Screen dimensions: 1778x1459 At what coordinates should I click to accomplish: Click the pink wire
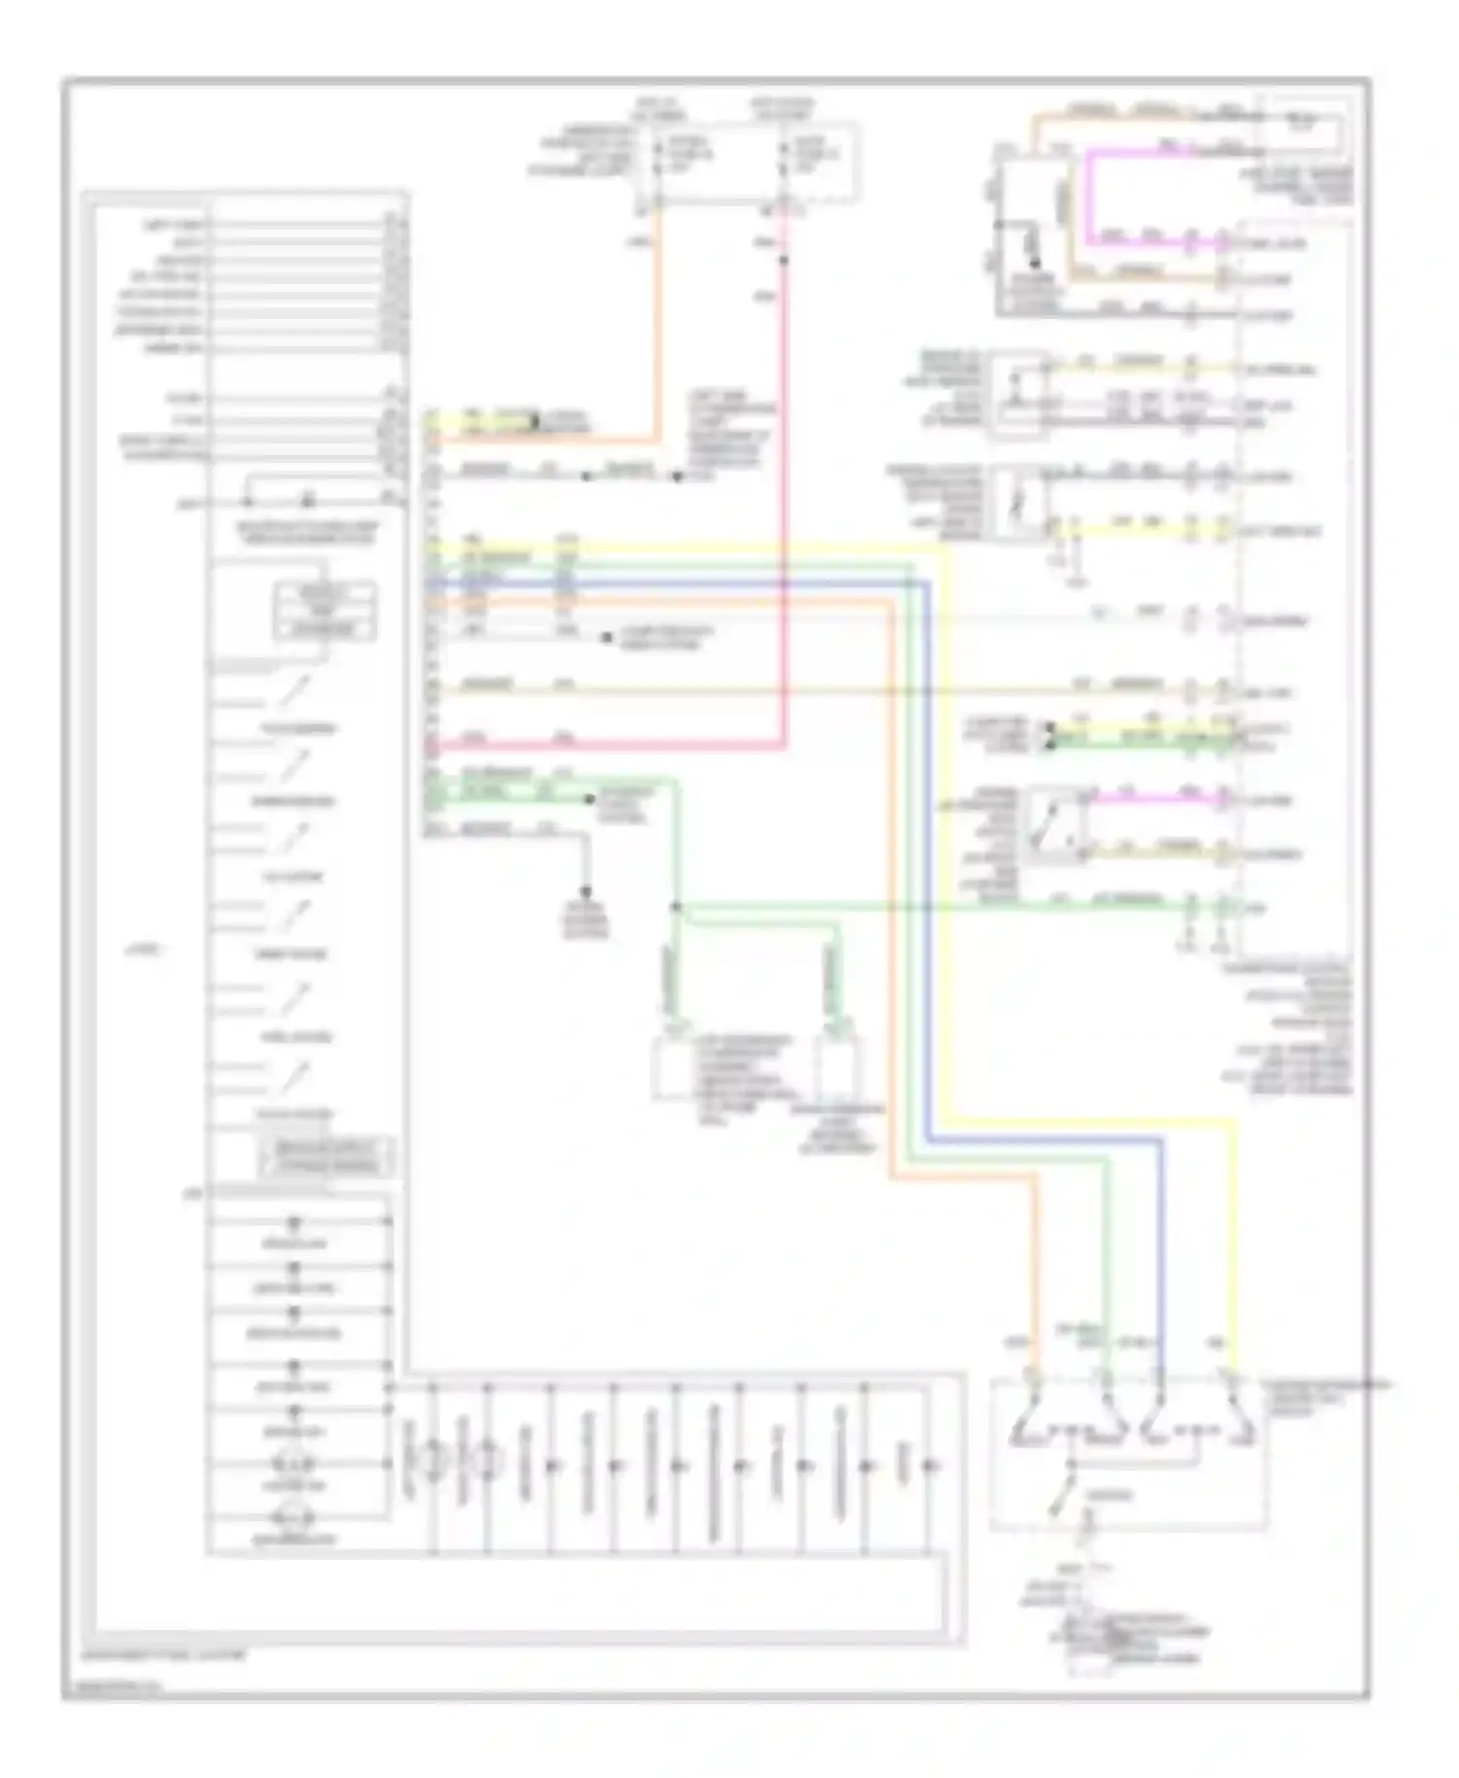(784, 486)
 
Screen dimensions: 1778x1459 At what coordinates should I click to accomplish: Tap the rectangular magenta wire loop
(1090, 195)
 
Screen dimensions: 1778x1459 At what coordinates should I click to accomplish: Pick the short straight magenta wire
(1148, 800)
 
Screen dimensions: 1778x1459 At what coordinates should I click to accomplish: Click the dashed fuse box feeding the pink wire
(815, 161)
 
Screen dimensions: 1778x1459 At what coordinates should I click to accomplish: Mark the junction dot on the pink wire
(784, 260)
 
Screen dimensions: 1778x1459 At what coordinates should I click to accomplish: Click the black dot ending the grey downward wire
(586, 891)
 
